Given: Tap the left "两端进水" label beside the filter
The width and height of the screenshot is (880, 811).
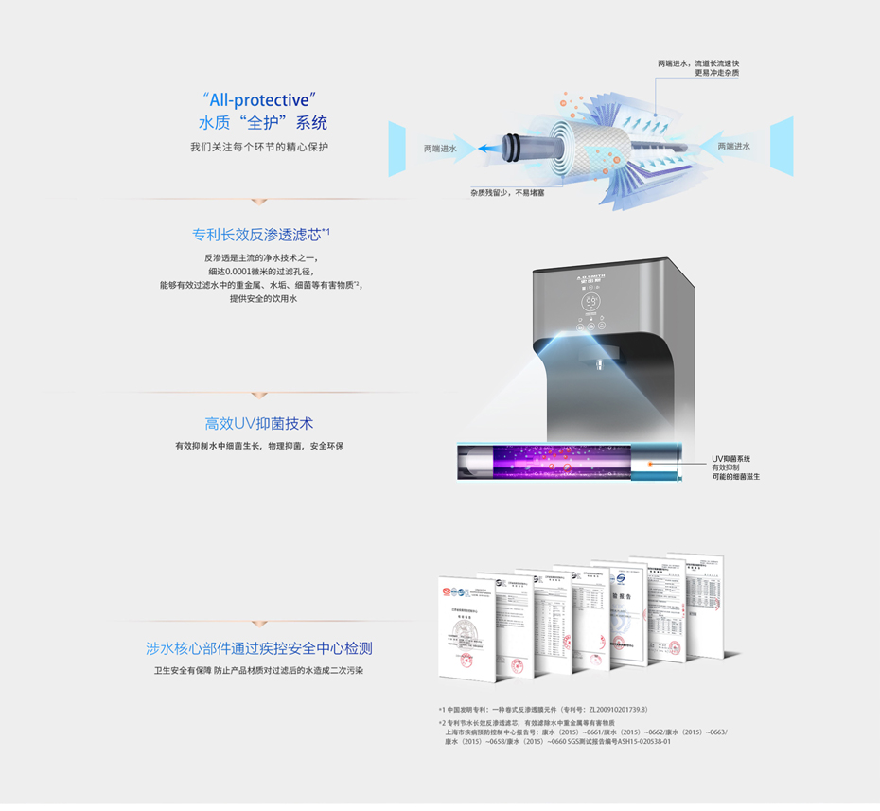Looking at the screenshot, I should coord(439,149).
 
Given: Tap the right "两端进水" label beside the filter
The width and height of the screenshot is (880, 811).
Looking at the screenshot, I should coord(733,146).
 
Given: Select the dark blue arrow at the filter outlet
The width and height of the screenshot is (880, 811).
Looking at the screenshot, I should coord(488,149).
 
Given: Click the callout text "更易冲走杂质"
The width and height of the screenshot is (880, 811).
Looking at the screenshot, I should coord(717,73).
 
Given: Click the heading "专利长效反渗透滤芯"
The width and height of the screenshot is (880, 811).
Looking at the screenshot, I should coord(256,234).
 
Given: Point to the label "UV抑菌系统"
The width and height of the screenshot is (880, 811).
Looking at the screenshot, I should coord(731,459).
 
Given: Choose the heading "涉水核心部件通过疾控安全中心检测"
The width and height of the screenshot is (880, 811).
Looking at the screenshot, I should coord(258,648).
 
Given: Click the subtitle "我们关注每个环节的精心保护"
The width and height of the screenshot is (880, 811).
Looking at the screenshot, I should coord(258,147).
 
